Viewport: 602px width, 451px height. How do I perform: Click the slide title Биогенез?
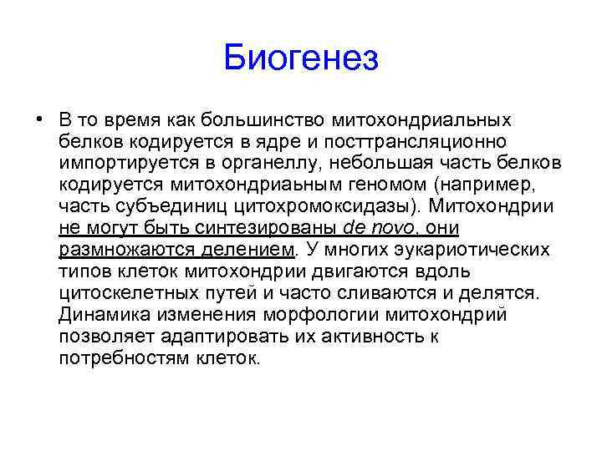click(301, 59)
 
